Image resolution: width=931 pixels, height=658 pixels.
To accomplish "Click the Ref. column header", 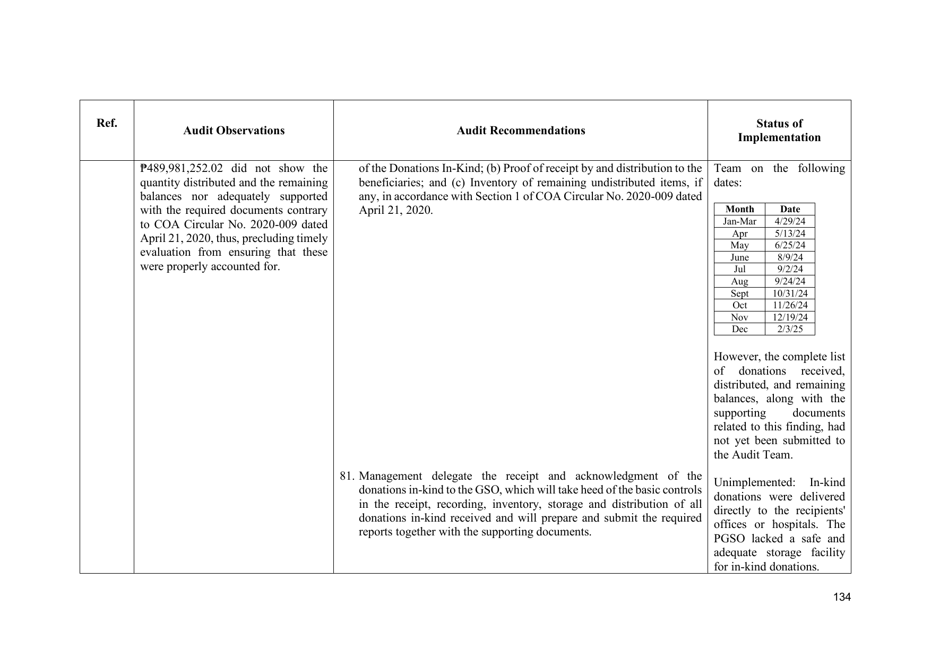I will point(107,123).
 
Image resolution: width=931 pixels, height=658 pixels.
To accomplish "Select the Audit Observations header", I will point(234,131).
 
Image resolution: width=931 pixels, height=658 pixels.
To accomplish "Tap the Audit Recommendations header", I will point(521,131).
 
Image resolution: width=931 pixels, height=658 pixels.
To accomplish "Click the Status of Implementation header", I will point(779,131).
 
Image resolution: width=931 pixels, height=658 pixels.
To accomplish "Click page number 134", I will point(842,598).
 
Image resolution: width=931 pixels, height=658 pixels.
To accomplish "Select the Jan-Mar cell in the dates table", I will point(739,221).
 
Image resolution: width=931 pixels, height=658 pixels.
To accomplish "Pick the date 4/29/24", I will point(790,221).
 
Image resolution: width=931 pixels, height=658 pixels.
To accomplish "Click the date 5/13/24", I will point(790,233).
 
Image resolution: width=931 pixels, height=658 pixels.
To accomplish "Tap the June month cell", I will point(739,257).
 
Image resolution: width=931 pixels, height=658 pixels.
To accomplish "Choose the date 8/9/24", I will point(790,257).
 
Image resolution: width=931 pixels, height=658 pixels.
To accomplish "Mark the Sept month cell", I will point(739,293).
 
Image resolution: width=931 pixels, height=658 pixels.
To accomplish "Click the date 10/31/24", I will point(790,293).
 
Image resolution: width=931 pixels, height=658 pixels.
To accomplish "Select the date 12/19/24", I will point(790,317).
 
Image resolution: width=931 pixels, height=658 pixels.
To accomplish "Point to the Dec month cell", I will point(739,329).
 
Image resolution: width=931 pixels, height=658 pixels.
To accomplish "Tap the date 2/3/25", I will point(790,329).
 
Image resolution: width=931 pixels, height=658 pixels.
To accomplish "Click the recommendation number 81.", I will point(347,476).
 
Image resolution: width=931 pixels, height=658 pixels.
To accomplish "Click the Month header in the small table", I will point(739,209).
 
